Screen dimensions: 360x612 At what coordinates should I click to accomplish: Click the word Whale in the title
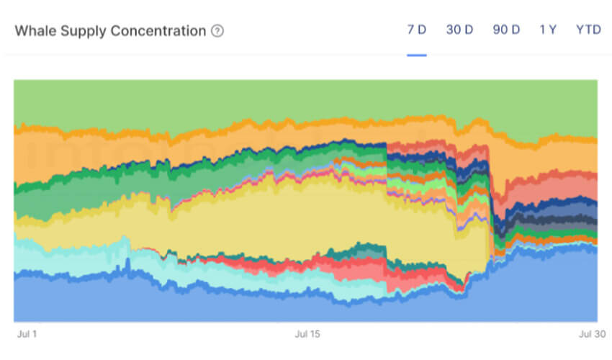(x=35, y=31)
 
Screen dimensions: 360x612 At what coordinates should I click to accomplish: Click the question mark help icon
(x=217, y=31)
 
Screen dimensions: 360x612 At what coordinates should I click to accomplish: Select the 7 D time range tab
(x=416, y=30)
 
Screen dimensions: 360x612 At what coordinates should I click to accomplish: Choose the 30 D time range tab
(x=459, y=30)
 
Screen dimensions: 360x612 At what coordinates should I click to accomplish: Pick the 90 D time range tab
(x=506, y=30)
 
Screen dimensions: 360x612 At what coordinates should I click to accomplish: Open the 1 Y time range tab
(x=548, y=30)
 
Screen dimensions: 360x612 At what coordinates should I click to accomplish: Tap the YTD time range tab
(x=588, y=30)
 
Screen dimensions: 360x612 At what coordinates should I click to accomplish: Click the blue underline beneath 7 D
(x=416, y=54)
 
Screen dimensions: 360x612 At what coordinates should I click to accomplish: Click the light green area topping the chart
(x=288, y=97)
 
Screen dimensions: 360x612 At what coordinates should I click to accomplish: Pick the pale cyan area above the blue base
(x=72, y=256)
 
